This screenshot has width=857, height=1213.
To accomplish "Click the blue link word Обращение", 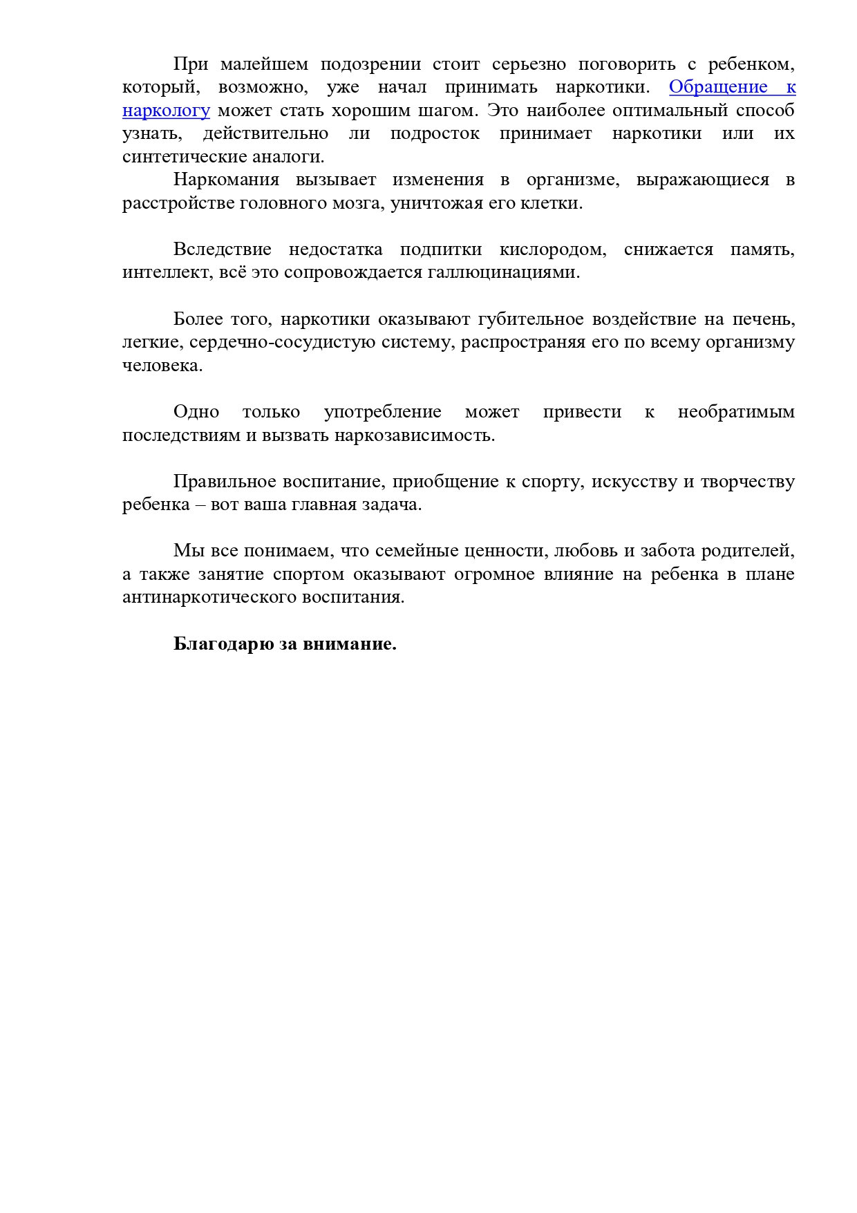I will tap(718, 87).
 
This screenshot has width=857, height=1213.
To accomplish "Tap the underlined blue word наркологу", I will tap(166, 111).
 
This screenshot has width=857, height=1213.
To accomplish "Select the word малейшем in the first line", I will tap(264, 64).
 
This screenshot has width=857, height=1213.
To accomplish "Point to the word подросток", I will tap(435, 133).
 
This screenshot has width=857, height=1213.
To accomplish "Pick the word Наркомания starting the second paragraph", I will tap(226, 180).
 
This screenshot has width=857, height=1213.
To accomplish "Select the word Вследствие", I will tap(222, 250).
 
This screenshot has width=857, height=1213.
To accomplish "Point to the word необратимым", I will tap(735, 412).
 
